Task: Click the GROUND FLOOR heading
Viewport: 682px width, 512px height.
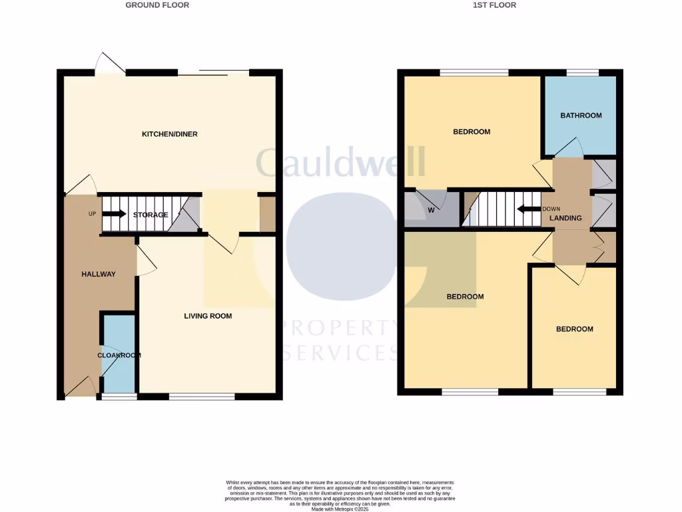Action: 157,5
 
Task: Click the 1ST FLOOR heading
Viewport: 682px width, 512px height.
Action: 494,5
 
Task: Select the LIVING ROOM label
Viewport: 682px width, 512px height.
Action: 208,316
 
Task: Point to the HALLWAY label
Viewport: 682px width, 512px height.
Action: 99,274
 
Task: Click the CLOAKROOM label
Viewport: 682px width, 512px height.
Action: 119,355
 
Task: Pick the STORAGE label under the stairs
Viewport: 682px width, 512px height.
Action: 151,215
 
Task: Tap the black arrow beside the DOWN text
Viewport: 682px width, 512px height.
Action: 529,209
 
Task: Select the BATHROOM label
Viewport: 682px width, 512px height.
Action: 581,115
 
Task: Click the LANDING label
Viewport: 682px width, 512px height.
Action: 566,218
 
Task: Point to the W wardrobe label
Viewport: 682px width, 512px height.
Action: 431,211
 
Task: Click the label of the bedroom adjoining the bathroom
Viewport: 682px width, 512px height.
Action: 472,132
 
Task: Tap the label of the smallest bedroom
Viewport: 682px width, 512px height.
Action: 574,329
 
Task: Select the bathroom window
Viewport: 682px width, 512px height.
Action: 582,72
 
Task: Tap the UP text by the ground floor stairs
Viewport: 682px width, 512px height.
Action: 93,214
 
